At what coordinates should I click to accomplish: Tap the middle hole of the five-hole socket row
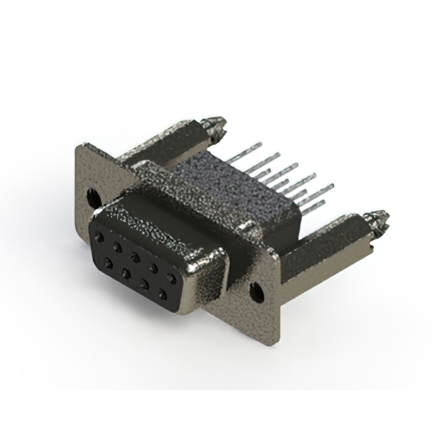click(136, 257)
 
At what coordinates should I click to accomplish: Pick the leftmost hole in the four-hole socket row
click(107, 263)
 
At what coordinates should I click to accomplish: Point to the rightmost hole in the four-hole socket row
click(162, 294)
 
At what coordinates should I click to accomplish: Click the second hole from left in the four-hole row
click(126, 273)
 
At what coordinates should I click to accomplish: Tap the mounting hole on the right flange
click(255, 293)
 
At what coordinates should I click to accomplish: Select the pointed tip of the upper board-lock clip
click(222, 124)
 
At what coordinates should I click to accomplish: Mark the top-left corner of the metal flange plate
click(80, 146)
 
